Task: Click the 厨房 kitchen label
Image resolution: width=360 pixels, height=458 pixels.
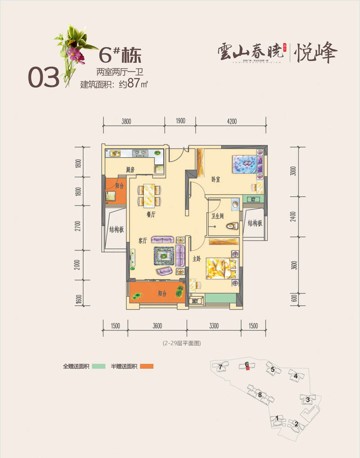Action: [x=130, y=170]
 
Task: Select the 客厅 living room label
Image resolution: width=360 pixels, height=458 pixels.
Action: [x=143, y=240]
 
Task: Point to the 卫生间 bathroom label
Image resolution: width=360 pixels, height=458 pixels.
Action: [x=218, y=216]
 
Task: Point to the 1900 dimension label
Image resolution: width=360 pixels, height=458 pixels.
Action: [x=180, y=121]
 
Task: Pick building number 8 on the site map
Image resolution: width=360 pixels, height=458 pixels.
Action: [x=260, y=395]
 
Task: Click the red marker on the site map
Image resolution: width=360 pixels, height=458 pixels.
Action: [x=247, y=369]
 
